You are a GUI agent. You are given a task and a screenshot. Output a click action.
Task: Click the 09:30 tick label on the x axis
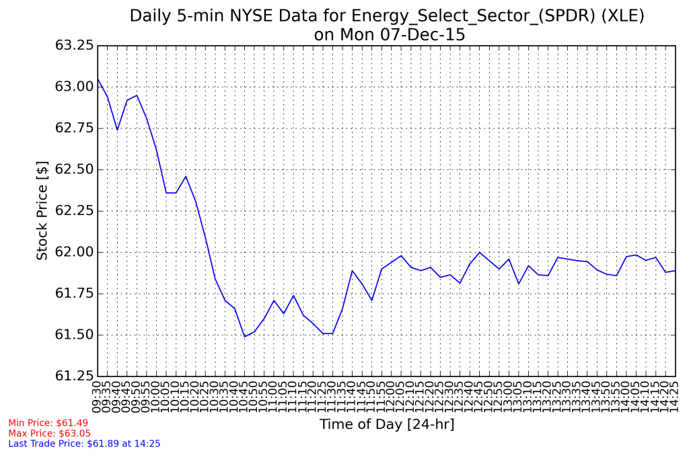98,396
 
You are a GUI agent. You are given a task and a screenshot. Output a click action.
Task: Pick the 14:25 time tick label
676,396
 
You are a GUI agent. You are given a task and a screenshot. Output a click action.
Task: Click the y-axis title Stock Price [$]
42,210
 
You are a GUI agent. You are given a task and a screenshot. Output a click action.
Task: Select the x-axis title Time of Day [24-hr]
386,424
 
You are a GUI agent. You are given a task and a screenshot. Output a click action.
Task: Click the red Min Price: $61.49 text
48,423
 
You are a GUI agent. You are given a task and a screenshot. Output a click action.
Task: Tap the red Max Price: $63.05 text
49,433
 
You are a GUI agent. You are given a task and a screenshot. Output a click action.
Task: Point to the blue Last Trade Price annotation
84,444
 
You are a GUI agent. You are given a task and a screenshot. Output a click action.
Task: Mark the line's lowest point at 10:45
245,337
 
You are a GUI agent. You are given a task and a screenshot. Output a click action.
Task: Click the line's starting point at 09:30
98,79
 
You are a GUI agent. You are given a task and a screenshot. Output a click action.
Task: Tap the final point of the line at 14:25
676,270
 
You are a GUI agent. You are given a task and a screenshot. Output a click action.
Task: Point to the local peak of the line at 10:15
186,176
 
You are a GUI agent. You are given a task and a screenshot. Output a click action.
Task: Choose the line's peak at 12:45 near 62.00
480,252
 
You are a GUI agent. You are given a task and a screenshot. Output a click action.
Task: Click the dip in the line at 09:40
117,130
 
